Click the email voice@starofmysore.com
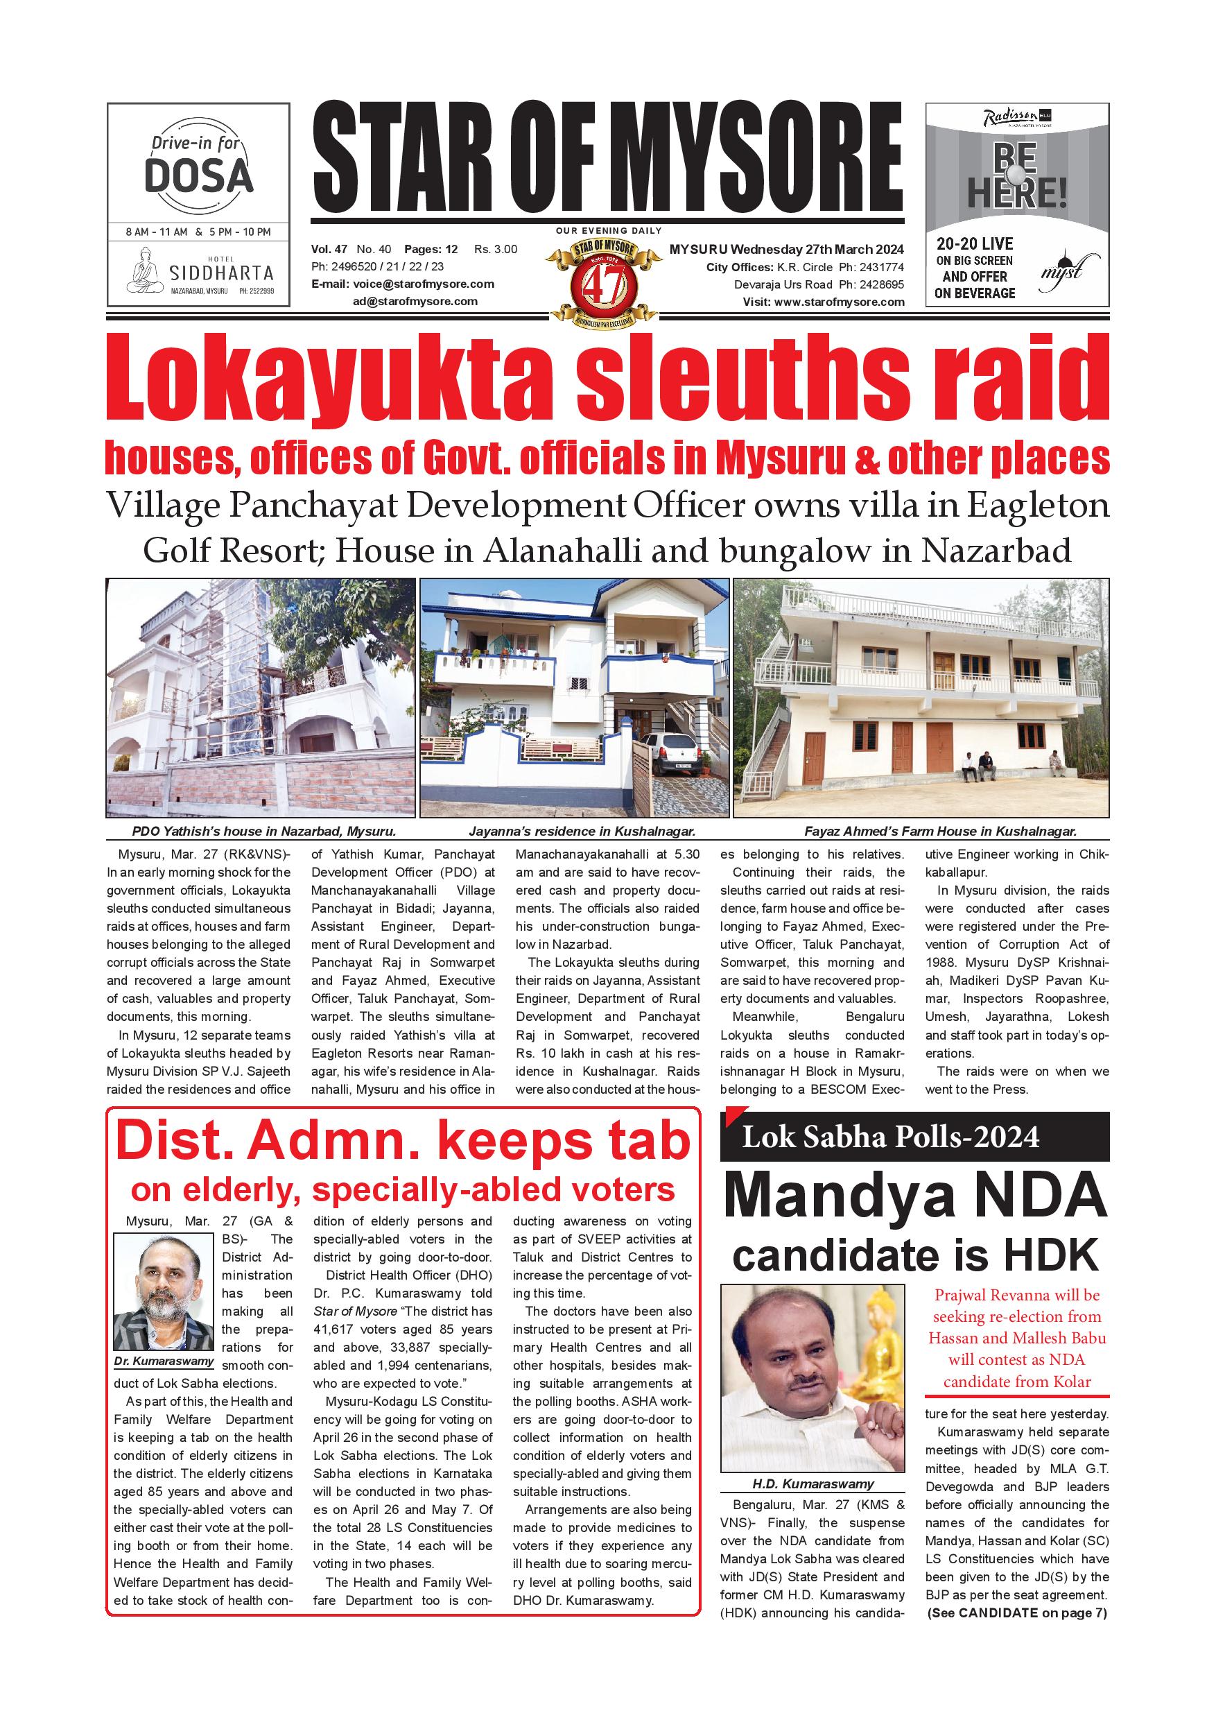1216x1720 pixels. point(423,284)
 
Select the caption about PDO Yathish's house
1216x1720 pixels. point(263,831)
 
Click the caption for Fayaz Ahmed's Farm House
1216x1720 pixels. point(941,831)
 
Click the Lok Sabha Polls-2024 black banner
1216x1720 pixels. point(914,1138)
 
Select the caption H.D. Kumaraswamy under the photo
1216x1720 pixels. point(813,1484)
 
